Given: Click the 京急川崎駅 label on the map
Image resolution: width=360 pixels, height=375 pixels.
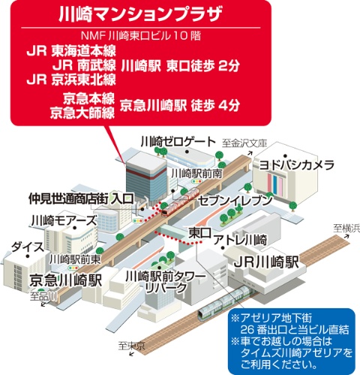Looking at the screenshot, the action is [65, 280].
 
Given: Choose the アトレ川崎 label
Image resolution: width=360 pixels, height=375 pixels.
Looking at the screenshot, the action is [240, 240].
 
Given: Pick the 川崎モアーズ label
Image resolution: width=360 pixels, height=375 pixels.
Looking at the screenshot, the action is [63, 220].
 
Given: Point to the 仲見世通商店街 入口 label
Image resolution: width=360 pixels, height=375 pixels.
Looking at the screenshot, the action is [81, 199].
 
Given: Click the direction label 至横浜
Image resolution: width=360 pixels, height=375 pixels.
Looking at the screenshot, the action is [346, 227].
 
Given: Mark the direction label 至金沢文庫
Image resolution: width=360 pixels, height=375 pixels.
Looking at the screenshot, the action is [244, 141].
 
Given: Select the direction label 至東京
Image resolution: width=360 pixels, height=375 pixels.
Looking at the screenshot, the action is [130, 346].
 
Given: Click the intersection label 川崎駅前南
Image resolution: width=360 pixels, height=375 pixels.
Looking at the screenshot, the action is [196, 172].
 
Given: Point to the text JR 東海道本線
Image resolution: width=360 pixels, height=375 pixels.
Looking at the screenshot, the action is [72, 52].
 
